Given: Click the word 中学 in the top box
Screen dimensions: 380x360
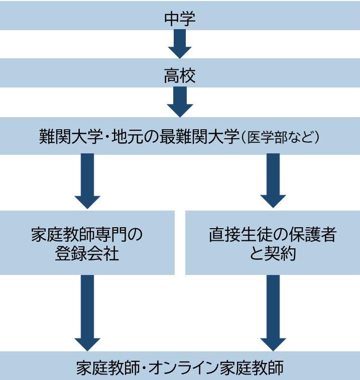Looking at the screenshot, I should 180,19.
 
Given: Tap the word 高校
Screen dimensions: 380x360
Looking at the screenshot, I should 180,76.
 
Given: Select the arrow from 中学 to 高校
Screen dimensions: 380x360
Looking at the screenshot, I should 180,44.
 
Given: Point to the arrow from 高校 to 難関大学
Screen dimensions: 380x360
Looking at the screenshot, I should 180,102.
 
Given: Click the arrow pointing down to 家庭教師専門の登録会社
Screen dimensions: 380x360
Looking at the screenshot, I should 87,181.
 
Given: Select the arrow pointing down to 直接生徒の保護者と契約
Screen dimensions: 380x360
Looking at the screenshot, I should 273,181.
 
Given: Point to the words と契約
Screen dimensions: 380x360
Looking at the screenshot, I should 273,254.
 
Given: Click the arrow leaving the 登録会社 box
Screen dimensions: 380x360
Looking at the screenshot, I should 87,312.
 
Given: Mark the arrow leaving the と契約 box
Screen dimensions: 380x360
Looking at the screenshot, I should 273,312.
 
